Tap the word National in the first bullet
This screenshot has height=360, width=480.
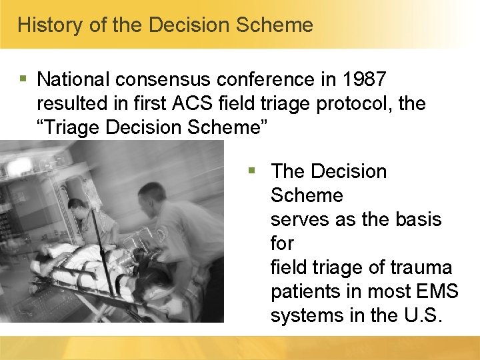coord(73,80)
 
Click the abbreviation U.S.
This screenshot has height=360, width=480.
coord(423,316)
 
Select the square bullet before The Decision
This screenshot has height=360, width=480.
coord(251,171)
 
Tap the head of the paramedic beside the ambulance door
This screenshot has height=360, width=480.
coord(77,207)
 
